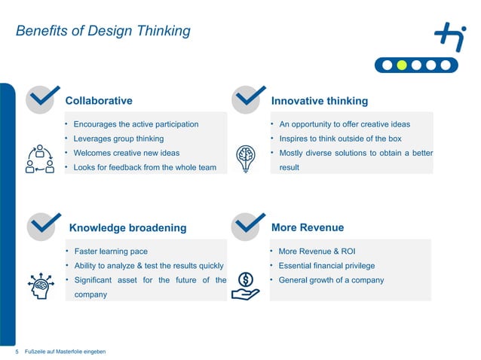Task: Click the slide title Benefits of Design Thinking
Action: (x=103, y=31)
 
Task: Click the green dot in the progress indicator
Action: (x=402, y=65)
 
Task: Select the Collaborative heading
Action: (x=99, y=100)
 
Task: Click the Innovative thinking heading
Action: (x=319, y=100)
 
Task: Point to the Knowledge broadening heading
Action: (x=127, y=227)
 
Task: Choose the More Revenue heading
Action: (x=307, y=227)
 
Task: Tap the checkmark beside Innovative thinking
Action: (x=247, y=99)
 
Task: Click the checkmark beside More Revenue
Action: (x=247, y=225)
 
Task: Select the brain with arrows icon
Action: (x=41, y=285)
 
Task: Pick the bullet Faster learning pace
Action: (x=110, y=251)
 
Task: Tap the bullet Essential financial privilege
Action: (x=326, y=265)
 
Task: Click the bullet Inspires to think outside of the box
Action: (x=340, y=139)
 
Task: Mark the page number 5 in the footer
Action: (x=17, y=352)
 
